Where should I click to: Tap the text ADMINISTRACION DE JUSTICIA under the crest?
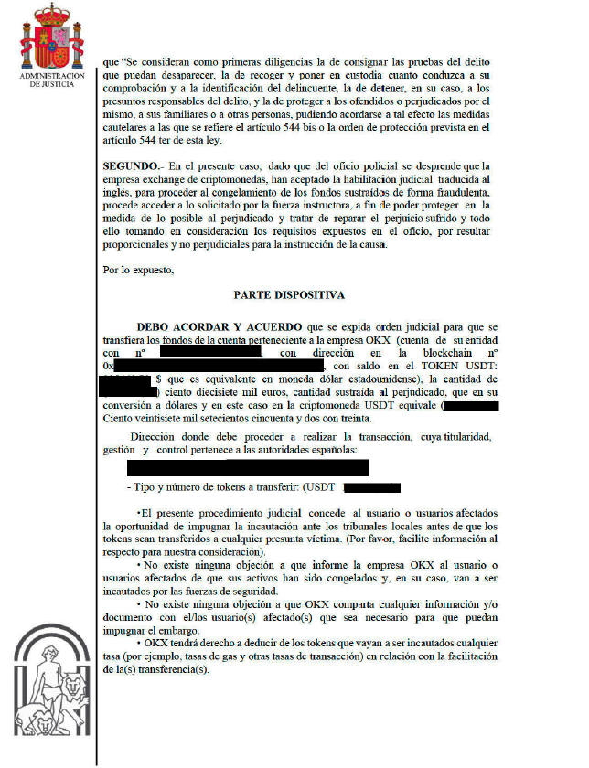coord(51,80)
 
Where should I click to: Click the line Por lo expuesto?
coord(138,270)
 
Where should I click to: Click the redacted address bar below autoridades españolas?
coord(248,468)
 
